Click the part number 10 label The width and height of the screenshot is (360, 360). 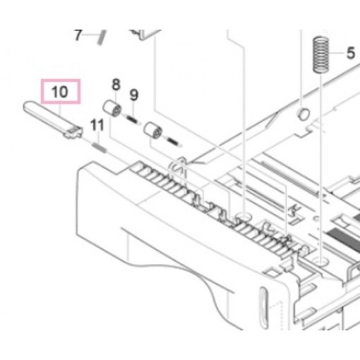pyautogui.click(x=60, y=92)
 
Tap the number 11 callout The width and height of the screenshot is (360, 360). pyautogui.click(x=97, y=125)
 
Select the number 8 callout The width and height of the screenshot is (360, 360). pyautogui.click(x=116, y=85)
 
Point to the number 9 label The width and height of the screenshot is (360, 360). pyautogui.click(x=134, y=95)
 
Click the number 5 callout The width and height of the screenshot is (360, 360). pyautogui.click(x=351, y=53)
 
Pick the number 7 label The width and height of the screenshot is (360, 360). pyautogui.click(x=78, y=35)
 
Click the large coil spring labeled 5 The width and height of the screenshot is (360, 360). pyautogui.click(x=320, y=54)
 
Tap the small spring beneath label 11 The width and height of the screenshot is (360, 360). pyautogui.click(x=99, y=148)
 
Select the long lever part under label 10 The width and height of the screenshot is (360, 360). pyautogui.click(x=53, y=119)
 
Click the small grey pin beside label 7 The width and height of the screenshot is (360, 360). pyautogui.click(x=102, y=37)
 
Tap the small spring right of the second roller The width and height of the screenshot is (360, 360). pyautogui.click(x=174, y=141)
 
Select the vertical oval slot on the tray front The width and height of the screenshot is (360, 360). pyautogui.click(x=263, y=307)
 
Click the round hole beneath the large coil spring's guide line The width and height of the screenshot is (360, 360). pyautogui.click(x=321, y=261)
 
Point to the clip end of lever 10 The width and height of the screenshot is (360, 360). pyautogui.click(x=74, y=132)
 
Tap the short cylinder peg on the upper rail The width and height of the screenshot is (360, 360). pyautogui.click(x=304, y=114)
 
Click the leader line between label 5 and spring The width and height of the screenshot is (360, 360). pyautogui.click(x=337, y=53)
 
